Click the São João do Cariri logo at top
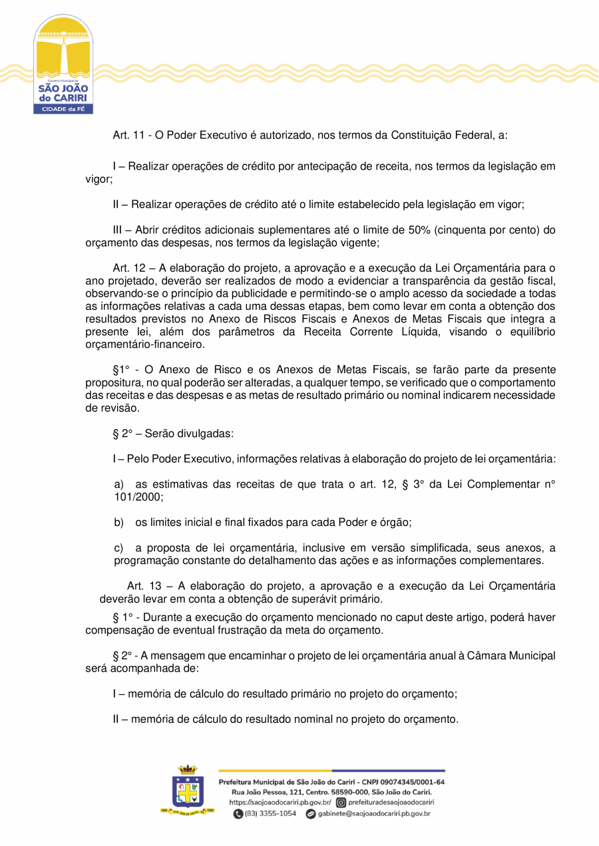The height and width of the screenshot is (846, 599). click(x=63, y=65)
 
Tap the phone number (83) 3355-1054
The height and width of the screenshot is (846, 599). click(x=270, y=814)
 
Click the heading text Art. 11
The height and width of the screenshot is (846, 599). click(x=130, y=135)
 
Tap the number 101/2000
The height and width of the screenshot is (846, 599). click(x=138, y=497)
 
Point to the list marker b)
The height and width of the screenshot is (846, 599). click(x=119, y=523)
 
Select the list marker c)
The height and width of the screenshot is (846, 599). click(x=119, y=548)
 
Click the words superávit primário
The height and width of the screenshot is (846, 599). click(x=339, y=599)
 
